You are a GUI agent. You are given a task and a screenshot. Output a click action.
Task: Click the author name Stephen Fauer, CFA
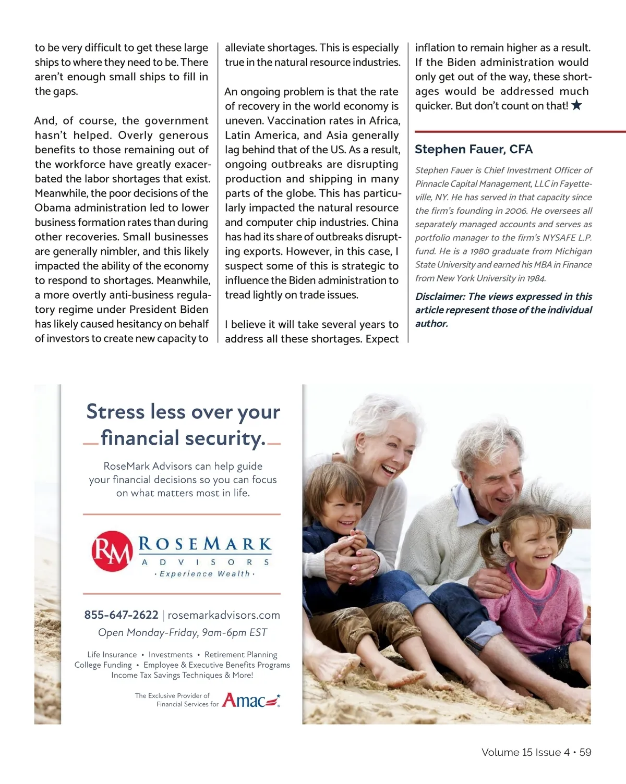click(x=474, y=150)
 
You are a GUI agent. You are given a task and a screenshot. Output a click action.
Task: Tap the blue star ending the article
click(x=576, y=105)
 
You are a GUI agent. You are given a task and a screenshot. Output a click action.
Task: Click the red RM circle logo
click(x=112, y=551)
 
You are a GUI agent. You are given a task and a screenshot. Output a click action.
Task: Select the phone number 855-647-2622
click(x=121, y=615)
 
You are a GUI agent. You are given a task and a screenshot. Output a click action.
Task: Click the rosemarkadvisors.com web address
click(x=224, y=615)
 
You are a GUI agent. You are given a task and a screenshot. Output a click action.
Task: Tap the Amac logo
click(x=251, y=700)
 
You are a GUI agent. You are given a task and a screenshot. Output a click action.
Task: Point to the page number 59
click(x=585, y=752)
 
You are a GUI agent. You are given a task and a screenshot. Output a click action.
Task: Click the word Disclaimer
click(x=440, y=297)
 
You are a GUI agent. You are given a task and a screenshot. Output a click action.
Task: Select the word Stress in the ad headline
click(x=115, y=412)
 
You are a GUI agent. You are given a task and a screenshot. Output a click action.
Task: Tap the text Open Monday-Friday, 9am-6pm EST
click(x=183, y=633)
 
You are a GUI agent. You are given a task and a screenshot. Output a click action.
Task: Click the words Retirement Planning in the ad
click(x=240, y=655)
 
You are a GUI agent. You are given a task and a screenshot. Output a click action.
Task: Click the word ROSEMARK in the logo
click(x=205, y=545)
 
